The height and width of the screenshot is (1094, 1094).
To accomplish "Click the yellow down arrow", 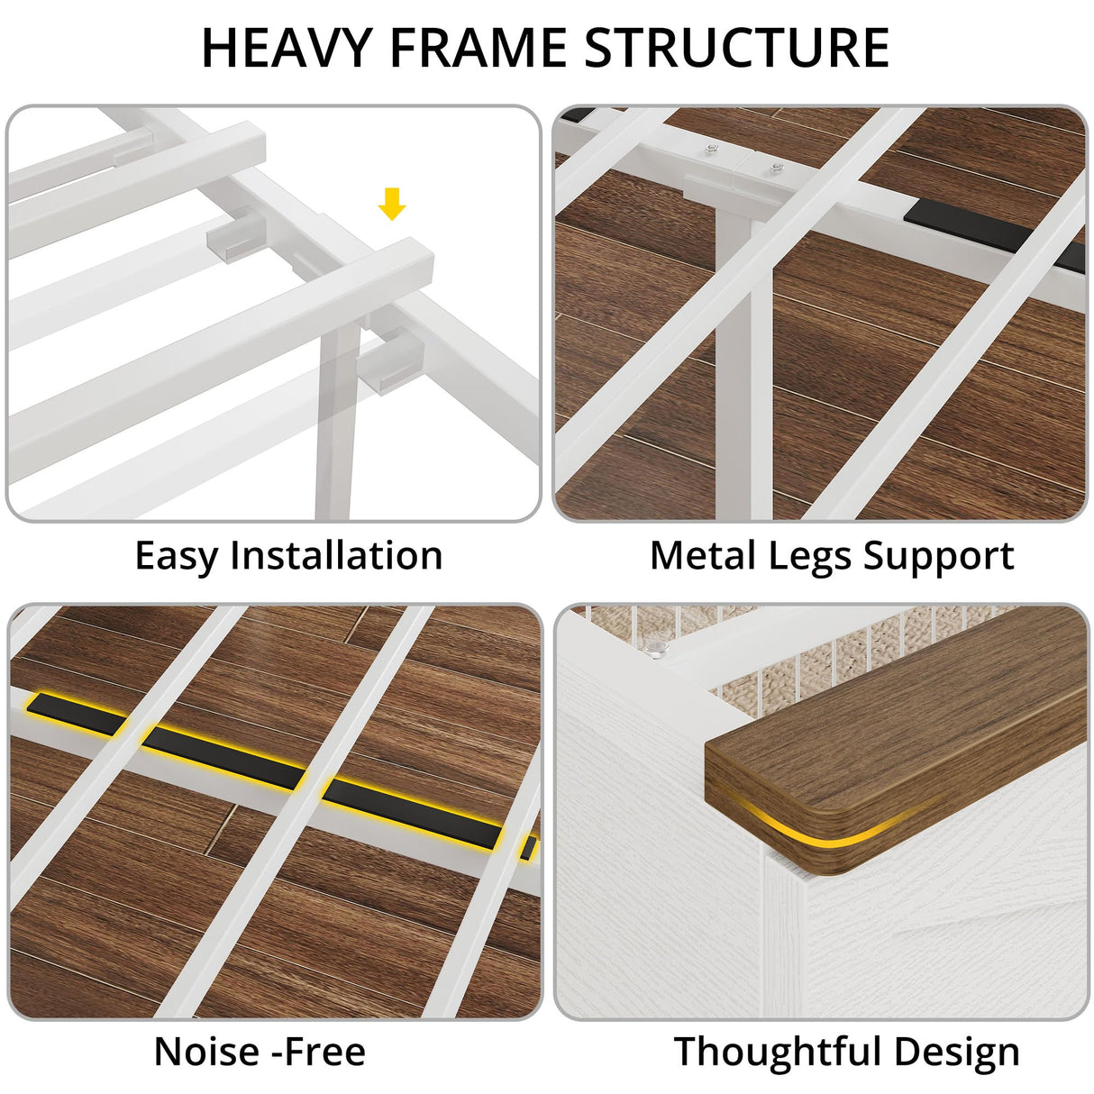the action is tap(392, 204).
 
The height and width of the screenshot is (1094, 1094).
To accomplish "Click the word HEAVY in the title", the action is tap(287, 48).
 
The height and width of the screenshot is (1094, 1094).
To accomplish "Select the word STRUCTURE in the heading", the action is tap(736, 48).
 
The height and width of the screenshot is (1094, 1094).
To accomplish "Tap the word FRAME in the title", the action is tap(478, 48).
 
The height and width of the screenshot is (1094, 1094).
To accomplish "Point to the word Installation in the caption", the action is tap(336, 555).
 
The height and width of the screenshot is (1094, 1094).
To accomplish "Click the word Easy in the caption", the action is tap(176, 556).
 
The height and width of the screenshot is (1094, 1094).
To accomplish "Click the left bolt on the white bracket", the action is tap(709, 150).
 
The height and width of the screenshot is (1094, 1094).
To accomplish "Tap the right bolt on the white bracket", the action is tap(776, 167).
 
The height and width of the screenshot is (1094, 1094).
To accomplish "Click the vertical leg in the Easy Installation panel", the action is tap(337, 420).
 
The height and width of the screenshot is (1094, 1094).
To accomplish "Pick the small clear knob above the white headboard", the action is tap(659, 647).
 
